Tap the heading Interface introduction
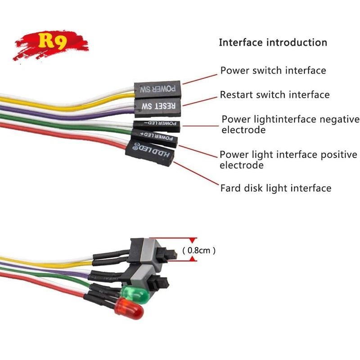click(273, 42)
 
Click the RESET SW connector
click(158, 107)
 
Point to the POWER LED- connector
click(157, 126)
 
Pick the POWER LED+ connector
click(154, 138)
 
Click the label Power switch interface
click(273, 70)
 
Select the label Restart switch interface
click(274, 94)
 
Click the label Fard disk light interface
click(276, 188)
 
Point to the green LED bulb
click(135, 295)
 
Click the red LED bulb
click(129, 308)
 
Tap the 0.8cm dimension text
click(199, 250)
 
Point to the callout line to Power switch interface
click(200, 79)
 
